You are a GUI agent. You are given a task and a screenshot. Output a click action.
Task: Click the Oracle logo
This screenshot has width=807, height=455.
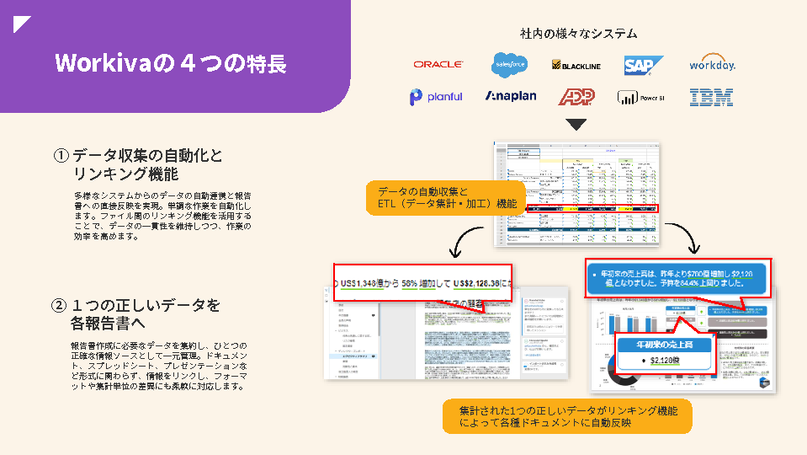(x=438, y=64)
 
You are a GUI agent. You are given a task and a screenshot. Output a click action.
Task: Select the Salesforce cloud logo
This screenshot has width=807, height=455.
(x=509, y=64)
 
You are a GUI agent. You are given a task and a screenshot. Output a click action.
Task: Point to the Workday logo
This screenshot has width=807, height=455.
(x=712, y=64)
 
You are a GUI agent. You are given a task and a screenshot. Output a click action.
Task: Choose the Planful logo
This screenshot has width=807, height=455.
(x=436, y=97)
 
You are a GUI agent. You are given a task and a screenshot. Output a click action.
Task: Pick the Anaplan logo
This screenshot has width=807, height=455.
(x=510, y=97)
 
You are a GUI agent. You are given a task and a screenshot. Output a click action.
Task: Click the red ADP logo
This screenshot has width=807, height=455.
(x=576, y=97)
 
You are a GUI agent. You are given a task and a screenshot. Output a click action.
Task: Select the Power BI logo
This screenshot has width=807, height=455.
(x=641, y=98)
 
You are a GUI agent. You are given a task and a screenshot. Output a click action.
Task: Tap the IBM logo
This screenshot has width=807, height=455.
(x=711, y=97)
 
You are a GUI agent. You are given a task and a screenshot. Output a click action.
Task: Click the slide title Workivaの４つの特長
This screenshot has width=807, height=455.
(x=170, y=63)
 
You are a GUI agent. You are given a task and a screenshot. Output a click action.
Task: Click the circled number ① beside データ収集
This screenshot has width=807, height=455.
(x=61, y=156)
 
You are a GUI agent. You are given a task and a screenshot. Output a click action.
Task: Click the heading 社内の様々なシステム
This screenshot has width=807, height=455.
(x=578, y=34)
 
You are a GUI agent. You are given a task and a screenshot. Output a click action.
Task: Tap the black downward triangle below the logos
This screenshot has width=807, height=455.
(x=576, y=125)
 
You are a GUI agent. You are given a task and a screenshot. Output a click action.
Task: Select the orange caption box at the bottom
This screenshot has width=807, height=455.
(x=567, y=416)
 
